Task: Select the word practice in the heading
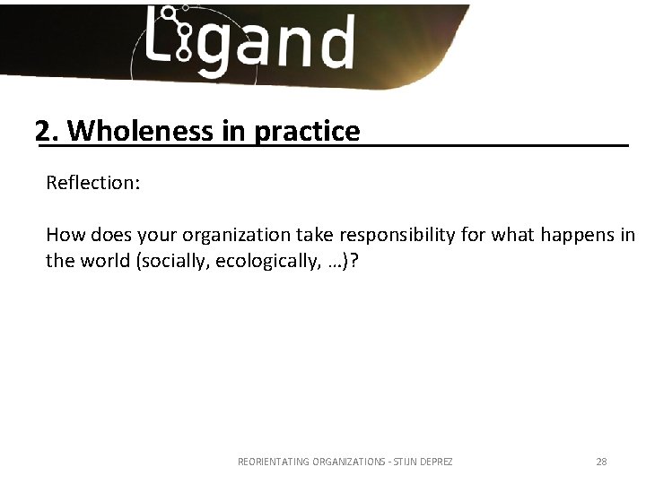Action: point(307,132)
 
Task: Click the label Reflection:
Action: point(92,183)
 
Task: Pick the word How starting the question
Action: point(63,236)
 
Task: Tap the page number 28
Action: point(601,462)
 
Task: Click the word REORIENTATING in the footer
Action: point(273,462)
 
